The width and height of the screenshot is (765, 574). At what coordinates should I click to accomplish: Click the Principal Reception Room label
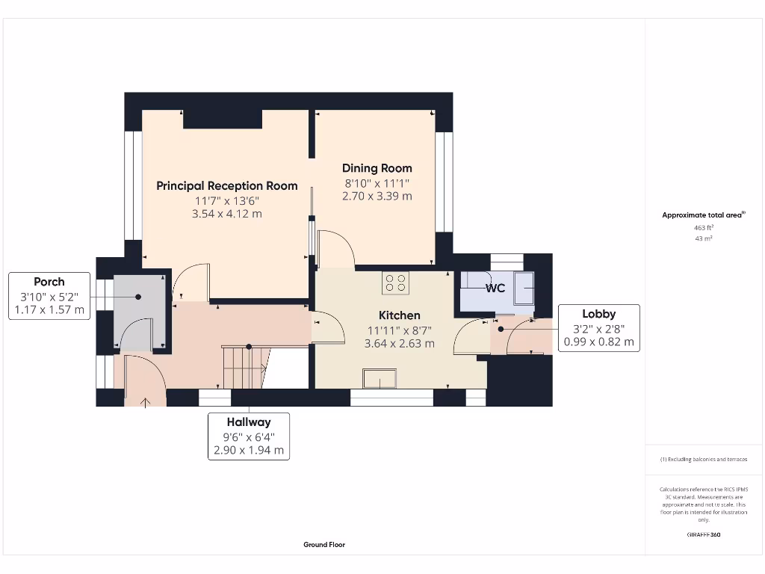[227, 185]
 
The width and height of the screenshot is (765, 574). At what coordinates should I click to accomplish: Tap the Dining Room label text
[377, 168]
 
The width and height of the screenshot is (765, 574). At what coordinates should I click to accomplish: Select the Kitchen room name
[399, 315]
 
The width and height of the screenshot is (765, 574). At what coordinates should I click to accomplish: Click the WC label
[495, 288]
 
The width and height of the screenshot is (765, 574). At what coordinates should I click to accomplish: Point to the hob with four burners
[395, 283]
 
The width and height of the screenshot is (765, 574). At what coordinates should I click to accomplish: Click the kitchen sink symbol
[381, 380]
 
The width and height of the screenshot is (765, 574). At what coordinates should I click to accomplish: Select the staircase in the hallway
[244, 366]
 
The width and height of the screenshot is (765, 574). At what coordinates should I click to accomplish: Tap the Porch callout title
[49, 282]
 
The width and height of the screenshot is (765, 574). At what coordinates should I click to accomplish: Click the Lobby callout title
[598, 314]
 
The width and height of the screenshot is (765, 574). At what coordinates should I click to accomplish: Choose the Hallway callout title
[249, 422]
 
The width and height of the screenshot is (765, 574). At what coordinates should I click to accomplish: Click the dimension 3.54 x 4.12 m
[227, 214]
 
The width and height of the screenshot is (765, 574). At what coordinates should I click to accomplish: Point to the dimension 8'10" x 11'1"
[377, 183]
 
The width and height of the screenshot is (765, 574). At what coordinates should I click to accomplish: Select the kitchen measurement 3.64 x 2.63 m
[399, 344]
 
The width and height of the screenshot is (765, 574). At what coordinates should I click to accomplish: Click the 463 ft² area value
[704, 227]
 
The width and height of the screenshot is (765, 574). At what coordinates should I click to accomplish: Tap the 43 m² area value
[704, 238]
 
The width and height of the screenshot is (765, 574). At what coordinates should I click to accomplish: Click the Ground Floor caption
[324, 545]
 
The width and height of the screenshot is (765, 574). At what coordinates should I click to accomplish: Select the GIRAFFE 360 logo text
[703, 535]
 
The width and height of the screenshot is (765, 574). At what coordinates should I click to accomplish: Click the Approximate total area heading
[703, 215]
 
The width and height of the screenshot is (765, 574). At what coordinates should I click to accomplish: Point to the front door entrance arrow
[145, 401]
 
